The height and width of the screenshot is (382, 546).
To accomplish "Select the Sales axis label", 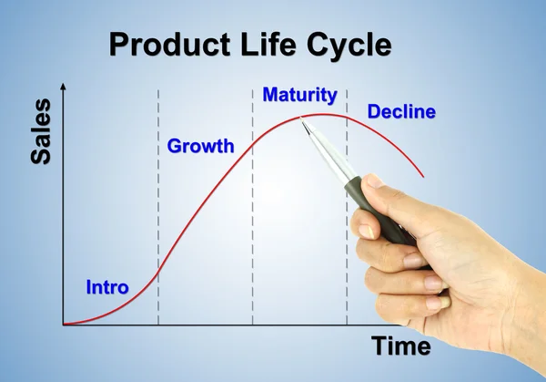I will tap(41, 132).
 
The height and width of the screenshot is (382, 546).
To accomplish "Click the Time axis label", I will tap(400, 347).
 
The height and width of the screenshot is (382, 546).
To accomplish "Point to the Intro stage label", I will tap(107, 287).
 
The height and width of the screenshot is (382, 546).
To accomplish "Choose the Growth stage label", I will tap(200, 146).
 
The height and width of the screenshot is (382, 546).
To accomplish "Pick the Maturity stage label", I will tap(299, 95).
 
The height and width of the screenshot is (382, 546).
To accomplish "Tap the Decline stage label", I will tap(401, 113).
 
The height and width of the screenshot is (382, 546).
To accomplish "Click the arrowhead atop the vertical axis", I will tap(63, 86).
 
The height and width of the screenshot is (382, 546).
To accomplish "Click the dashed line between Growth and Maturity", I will tap(252, 228).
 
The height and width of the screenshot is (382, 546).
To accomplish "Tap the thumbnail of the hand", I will tap(373, 182).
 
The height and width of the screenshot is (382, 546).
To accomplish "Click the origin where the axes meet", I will tap(63, 325).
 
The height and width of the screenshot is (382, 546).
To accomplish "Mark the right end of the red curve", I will tap(424, 176).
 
